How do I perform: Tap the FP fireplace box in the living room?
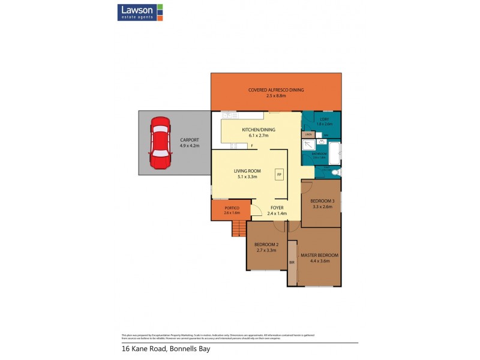coord(279,174)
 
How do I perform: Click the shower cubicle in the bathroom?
coord(308,145)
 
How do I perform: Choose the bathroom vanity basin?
coord(322,143)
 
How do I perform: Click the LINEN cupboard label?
coord(308,134)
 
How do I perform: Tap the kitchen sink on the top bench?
coord(228,115)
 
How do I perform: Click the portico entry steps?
coord(239,228)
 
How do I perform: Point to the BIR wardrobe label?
coord(292,263)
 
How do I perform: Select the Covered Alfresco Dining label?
coord(276,90)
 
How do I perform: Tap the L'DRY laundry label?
coord(325,119)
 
